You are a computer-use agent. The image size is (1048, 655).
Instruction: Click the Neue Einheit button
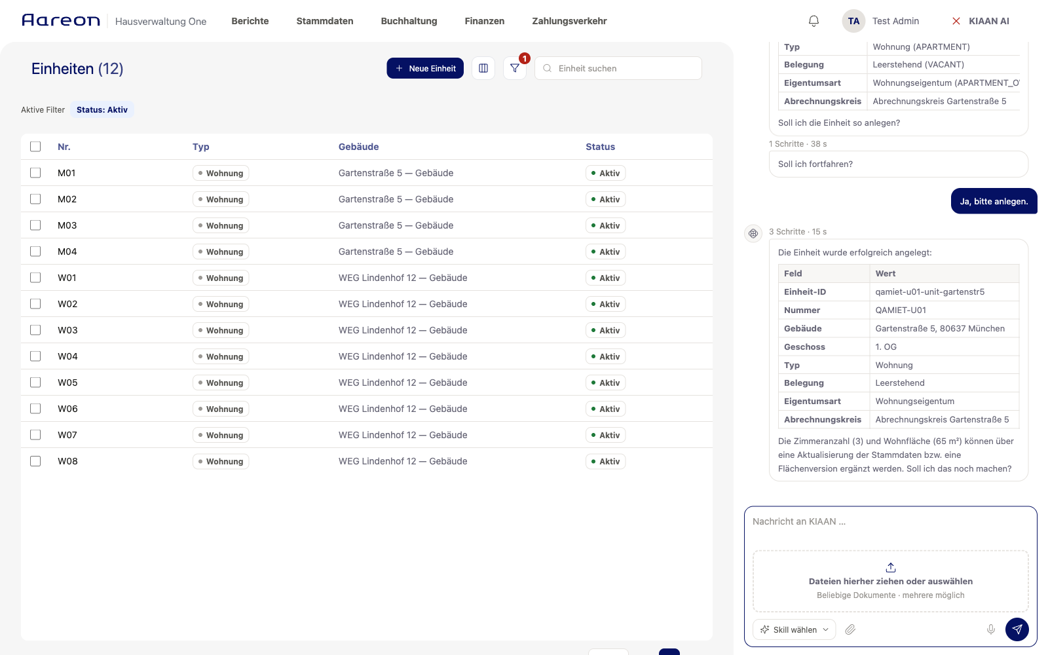point(425,68)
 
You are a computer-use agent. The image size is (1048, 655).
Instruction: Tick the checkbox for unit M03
point(35,225)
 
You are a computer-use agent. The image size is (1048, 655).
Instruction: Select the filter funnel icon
point(515,68)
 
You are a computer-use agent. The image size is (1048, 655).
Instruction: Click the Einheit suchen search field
point(618,68)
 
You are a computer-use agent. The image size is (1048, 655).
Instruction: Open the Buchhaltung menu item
point(409,21)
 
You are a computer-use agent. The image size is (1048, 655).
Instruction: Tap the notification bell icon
point(814,21)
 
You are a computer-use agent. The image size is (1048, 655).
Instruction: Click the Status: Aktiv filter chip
point(102,109)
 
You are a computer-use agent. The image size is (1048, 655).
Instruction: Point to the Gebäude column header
point(358,147)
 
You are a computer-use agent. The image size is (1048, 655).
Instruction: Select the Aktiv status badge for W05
point(605,383)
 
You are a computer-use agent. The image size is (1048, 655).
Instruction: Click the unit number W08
point(67,461)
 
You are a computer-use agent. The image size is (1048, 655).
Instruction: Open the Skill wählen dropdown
point(794,629)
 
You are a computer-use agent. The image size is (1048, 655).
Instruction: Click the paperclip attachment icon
point(850,629)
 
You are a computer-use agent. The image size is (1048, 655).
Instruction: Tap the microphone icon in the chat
point(990,629)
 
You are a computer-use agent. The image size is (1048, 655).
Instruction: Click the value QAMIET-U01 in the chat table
point(901,310)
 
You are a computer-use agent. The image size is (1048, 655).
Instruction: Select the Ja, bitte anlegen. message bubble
point(994,201)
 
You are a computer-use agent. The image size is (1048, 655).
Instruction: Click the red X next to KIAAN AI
point(956,21)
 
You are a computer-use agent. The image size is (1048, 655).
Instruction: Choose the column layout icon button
point(483,68)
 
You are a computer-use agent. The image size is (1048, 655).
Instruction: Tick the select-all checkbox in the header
point(35,147)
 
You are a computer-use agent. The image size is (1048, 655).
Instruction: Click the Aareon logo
point(61,20)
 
